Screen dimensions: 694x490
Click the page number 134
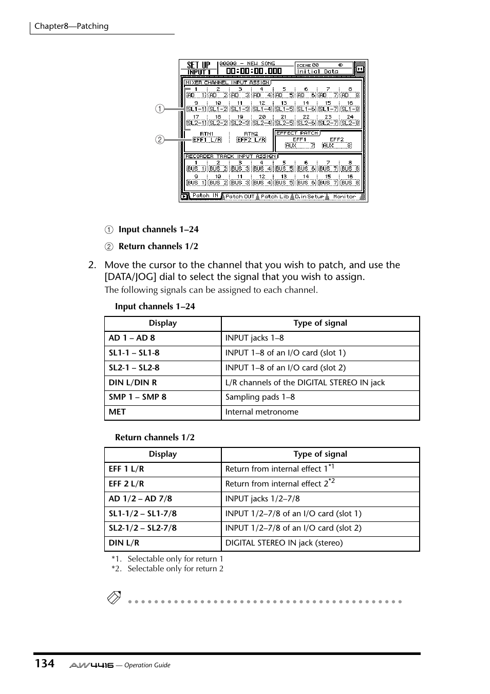click(x=45, y=663)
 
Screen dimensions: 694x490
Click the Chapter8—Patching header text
click(x=71, y=26)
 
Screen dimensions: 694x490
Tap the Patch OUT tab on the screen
click(x=240, y=196)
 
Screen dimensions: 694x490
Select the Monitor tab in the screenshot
click(x=344, y=196)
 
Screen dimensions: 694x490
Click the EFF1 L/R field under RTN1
click(x=207, y=139)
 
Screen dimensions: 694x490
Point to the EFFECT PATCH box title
click(x=297, y=133)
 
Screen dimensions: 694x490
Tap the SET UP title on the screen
click(x=198, y=65)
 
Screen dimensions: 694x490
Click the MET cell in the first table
click(x=117, y=412)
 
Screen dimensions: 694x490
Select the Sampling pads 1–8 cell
click(x=260, y=397)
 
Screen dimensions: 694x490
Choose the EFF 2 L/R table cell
click(x=126, y=484)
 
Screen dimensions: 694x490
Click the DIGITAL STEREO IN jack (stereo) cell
click(x=284, y=543)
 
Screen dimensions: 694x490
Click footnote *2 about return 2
click(x=167, y=569)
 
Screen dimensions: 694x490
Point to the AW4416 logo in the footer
click(x=91, y=665)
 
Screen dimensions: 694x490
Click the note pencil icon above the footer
click(x=114, y=598)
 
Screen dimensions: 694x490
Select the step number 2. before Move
click(x=92, y=265)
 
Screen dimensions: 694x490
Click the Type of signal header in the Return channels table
click(x=320, y=454)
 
